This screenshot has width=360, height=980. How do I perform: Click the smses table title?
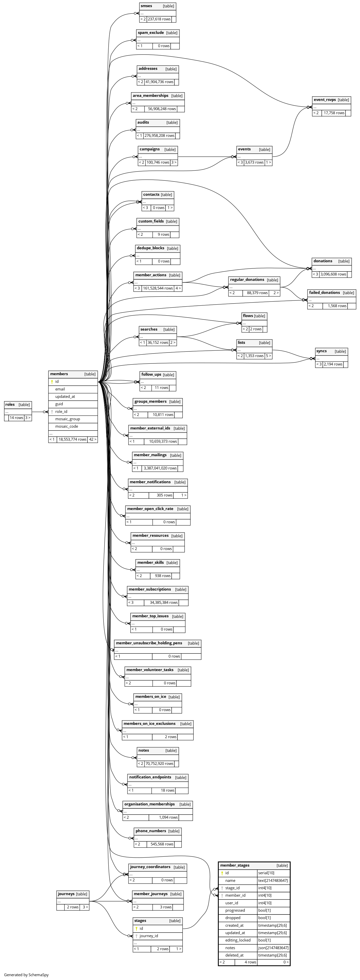pyautogui.click(x=147, y=6)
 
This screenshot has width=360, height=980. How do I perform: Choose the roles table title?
pyautogui.click(x=10, y=405)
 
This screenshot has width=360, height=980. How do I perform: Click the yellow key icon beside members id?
pyautogui.click(x=52, y=382)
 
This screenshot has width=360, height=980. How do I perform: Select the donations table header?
pyautogui.click(x=323, y=261)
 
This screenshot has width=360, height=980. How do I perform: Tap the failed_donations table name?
pyautogui.click(x=324, y=293)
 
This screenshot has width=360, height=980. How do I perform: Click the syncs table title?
pyautogui.click(x=322, y=351)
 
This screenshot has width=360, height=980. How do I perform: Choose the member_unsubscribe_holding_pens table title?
pyautogui.click(x=149, y=643)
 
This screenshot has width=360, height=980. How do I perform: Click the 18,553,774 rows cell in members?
pyautogui.click(x=72, y=439)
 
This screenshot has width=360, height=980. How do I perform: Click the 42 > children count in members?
pyautogui.click(x=93, y=439)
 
